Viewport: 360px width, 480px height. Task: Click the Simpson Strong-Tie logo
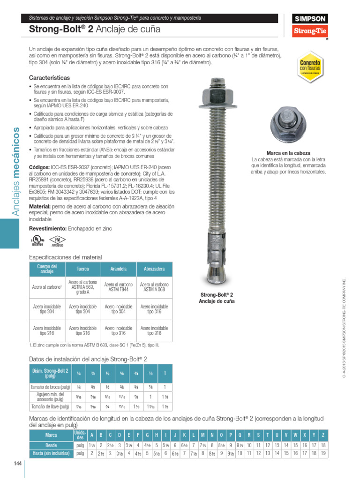[310, 26]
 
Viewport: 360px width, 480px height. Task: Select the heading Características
[49, 77]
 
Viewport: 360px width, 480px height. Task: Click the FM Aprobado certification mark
[57, 240]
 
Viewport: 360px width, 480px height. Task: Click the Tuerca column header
[83, 269]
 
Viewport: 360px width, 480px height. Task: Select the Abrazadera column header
[154, 269]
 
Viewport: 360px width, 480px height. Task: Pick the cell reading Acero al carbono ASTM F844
[119, 287]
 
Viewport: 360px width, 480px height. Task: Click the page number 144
[17, 464]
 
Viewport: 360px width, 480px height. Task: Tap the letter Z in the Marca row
[323, 435]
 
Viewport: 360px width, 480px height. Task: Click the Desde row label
[51, 445]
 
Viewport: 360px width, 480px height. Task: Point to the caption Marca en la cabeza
[288, 153]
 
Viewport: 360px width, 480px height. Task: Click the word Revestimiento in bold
[48, 228]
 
